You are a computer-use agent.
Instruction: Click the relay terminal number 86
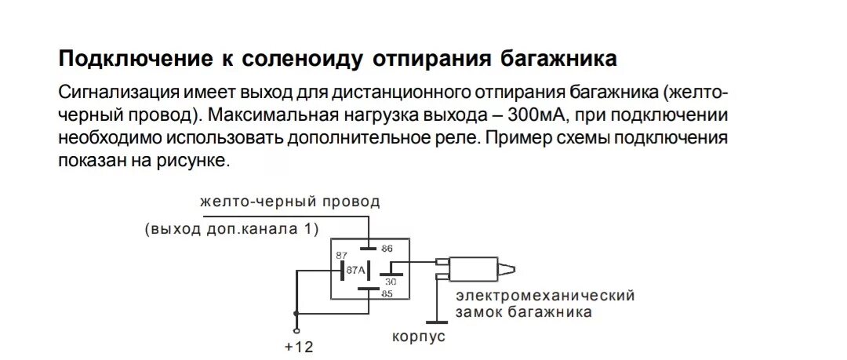387,249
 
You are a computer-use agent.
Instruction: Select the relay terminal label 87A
356,271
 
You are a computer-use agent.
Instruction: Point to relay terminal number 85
387,295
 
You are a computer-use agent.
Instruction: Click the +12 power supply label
299,346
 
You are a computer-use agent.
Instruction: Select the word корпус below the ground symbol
419,336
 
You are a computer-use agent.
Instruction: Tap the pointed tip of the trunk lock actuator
512,271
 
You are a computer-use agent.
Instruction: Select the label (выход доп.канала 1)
233,229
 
